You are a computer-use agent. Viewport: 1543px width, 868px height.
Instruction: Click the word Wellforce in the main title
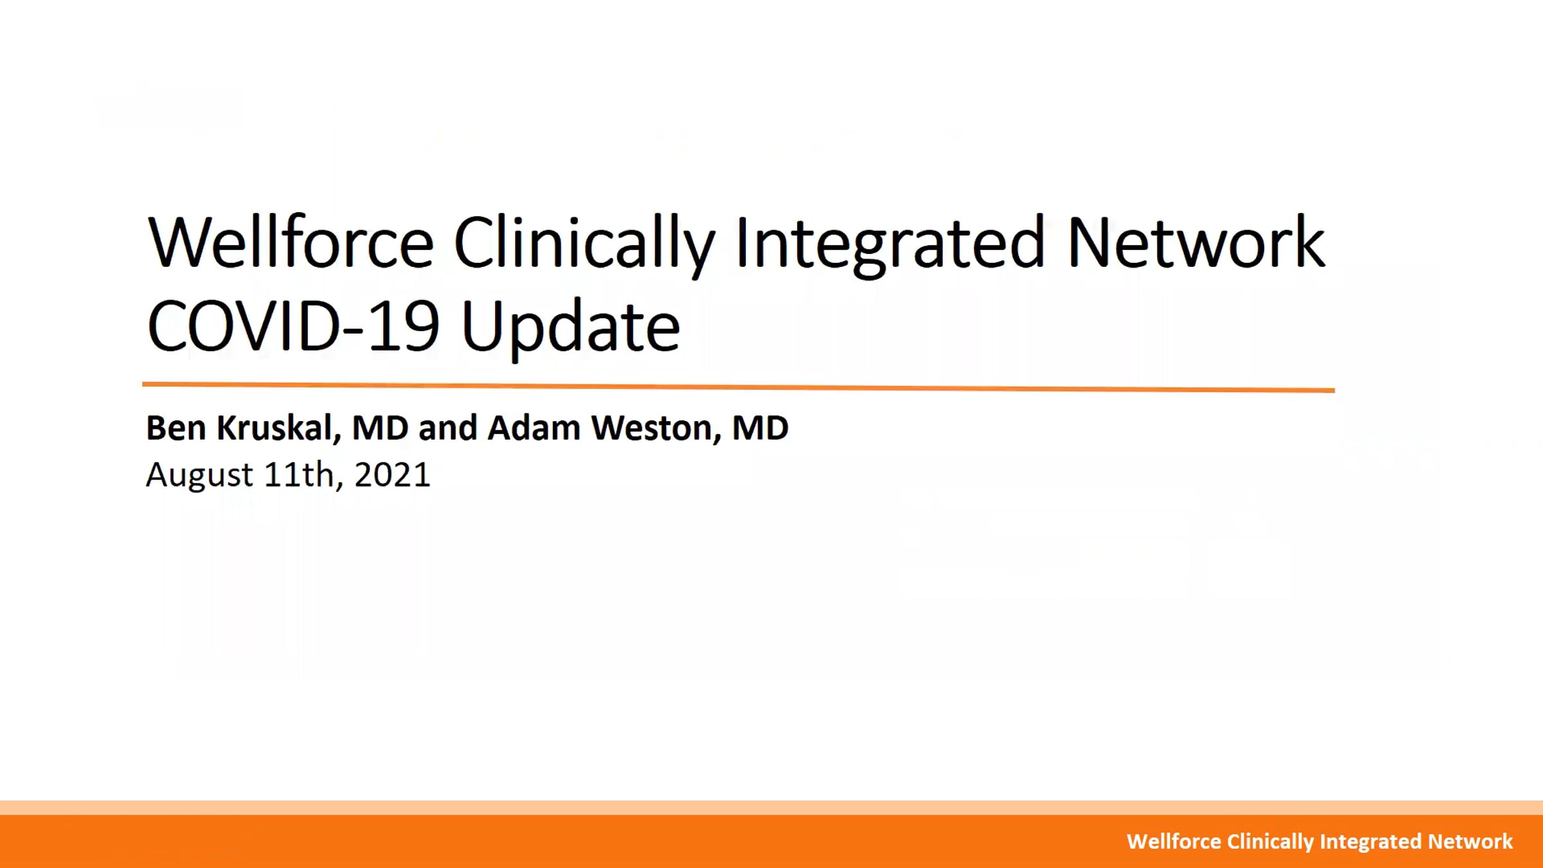(291, 242)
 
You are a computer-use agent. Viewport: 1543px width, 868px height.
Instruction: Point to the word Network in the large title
(1196, 242)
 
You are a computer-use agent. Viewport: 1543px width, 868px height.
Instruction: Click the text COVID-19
(293, 326)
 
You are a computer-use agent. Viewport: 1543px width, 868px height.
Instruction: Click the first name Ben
(176, 428)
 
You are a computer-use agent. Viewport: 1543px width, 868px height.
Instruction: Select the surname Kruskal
(278, 428)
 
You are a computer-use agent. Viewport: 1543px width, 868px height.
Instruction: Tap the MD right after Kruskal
(380, 428)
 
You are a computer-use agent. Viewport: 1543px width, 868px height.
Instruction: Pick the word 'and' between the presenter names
(447, 428)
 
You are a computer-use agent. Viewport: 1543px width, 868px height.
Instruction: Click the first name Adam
(534, 428)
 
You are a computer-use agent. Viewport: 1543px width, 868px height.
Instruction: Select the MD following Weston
(761, 428)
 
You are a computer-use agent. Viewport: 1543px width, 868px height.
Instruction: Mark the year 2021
(392, 475)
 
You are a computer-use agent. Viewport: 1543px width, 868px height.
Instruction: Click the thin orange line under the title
(739, 387)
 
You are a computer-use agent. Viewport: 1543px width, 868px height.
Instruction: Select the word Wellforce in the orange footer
(1174, 842)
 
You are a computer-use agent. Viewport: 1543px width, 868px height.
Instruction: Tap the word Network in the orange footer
(1470, 842)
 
